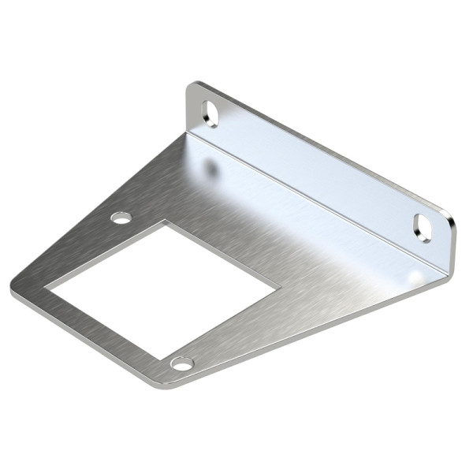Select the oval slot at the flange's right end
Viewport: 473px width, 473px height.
point(423,226)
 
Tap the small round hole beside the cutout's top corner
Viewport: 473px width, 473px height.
point(121,217)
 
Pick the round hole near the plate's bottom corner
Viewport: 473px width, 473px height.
point(182,363)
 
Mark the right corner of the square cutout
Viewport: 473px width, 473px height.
point(278,286)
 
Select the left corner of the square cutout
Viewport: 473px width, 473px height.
point(45,285)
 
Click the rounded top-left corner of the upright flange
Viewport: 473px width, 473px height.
point(192,85)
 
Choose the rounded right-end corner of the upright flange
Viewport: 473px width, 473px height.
point(453,229)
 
